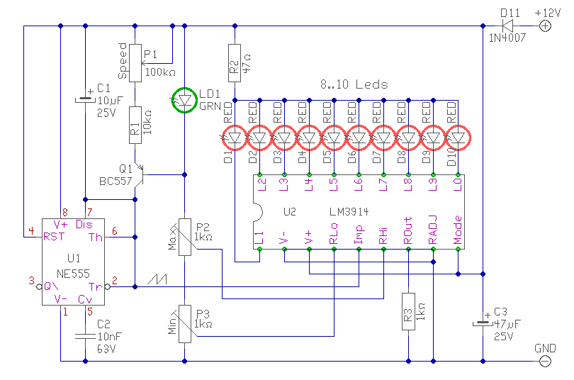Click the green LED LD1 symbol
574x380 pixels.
184,100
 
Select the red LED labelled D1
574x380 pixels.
235,138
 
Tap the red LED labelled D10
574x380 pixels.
458,138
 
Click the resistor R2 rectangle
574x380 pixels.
235,63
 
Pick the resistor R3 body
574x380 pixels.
409,311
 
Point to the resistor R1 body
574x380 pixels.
135,125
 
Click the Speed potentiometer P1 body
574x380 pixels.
135,63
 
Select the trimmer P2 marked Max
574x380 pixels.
184,237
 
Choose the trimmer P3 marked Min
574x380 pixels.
184,324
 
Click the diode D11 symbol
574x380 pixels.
507,26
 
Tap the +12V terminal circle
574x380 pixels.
545,26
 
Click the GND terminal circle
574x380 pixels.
545,362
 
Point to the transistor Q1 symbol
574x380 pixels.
140,175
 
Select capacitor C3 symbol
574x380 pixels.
483,323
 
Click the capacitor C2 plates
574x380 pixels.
85,337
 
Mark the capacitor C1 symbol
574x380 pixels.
85,99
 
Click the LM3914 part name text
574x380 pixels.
349,212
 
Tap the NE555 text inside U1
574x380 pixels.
73,274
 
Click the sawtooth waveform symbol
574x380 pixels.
157,279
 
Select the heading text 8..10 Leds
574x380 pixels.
354,84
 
